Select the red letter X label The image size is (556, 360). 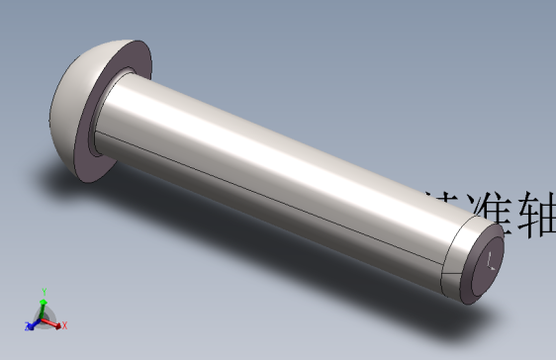(64, 325)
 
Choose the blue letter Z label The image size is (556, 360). (26, 325)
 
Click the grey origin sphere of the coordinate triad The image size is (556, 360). (45, 317)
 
